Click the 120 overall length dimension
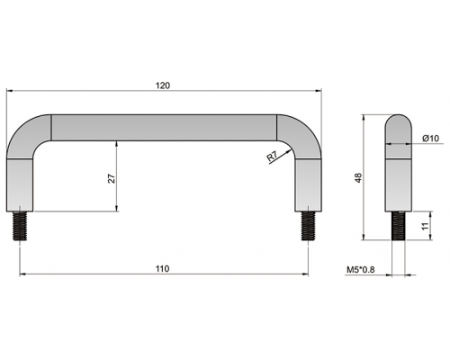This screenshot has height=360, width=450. [163, 85]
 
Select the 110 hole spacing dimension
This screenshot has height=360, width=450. [163, 269]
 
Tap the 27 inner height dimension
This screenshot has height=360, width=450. [112, 178]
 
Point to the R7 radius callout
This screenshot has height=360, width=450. [273, 157]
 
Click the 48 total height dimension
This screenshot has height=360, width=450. [358, 177]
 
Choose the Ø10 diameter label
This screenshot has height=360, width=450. [430, 139]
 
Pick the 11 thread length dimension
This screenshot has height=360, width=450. [426, 226]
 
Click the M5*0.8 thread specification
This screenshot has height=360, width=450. [361, 270]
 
